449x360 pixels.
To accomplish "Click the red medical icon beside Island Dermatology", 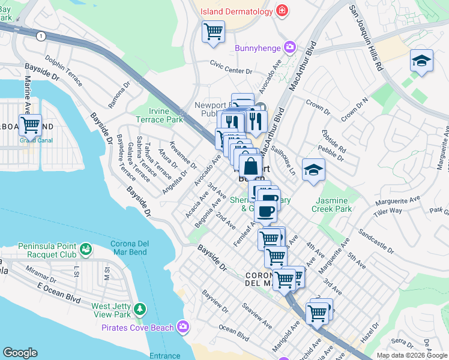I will pyautogui.click(x=281, y=11).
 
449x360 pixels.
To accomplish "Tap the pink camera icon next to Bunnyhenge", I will pyautogui.click(x=290, y=47).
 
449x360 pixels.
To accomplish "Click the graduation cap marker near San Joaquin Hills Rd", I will pyautogui.click(x=422, y=61).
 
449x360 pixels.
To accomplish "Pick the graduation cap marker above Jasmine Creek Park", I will pyautogui.click(x=313, y=170).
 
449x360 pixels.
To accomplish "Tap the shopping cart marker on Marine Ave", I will pyautogui.click(x=30, y=125).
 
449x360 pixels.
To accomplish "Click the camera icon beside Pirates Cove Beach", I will pyautogui.click(x=182, y=327).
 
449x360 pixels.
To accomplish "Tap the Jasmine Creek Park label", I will pyautogui.click(x=331, y=205).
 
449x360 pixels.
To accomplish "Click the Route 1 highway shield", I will pyautogui.click(x=40, y=36).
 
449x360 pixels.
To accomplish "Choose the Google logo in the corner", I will pyautogui.click(x=20, y=353).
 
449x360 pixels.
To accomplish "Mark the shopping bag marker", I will pyautogui.click(x=250, y=166).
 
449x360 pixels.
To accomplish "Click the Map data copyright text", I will pyautogui.click(x=412, y=355).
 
